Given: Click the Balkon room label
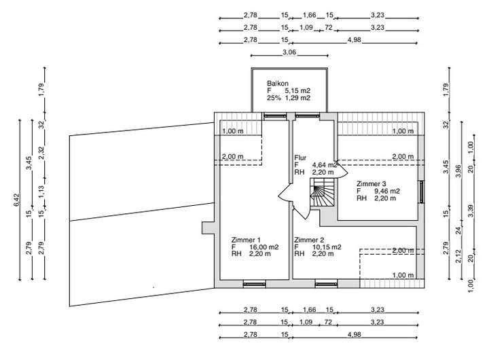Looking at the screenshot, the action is [277, 84].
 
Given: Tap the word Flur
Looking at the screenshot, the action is [300, 158].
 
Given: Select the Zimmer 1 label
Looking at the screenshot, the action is [246, 240].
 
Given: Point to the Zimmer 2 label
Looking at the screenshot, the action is [308, 240].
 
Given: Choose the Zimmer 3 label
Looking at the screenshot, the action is [372, 183].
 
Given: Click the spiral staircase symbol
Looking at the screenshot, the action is [323, 195].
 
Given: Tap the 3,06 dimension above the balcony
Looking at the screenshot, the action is [289, 52].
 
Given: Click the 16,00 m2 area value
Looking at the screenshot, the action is [262, 247].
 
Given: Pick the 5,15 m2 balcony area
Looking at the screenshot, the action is [297, 91].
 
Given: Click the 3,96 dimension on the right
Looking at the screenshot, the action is [458, 170].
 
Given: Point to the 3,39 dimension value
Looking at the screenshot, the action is [471, 211].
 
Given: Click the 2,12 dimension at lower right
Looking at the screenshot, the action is [458, 255].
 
